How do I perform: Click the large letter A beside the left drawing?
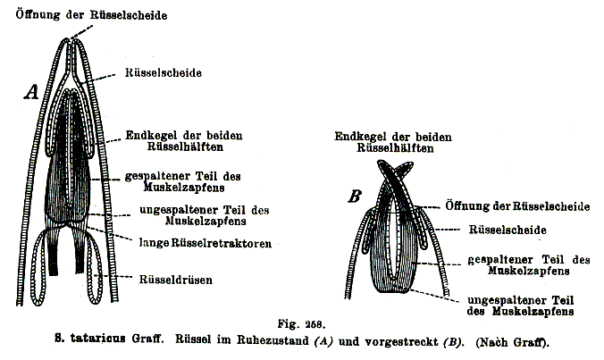pyautogui.click(x=32, y=92)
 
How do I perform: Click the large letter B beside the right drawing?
pyautogui.click(x=355, y=196)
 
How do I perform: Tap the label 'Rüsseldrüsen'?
pyautogui.click(x=176, y=279)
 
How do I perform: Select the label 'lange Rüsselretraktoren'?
pyautogui.click(x=206, y=243)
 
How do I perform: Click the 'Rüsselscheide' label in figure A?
pyautogui.click(x=164, y=72)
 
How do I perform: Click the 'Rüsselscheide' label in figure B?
pyautogui.click(x=508, y=230)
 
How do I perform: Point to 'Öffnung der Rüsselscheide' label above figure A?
pyautogui.click(x=91, y=15)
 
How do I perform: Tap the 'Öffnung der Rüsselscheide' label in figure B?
pyautogui.click(x=517, y=206)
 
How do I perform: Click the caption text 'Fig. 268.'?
pyautogui.click(x=302, y=323)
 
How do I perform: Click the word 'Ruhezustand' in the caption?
pyautogui.click(x=273, y=340)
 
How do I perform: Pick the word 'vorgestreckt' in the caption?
pyautogui.click(x=401, y=341)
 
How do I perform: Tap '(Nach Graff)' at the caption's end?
pyautogui.click(x=512, y=342)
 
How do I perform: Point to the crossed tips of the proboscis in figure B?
pyautogui.click(x=394, y=171)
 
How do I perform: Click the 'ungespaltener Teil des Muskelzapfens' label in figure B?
pyautogui.click(x=520, y=306)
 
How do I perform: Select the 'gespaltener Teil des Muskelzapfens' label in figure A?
pyautogui.click(x=183, y=181)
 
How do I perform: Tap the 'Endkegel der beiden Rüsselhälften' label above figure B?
pyautogui.click(x=393, y=142)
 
